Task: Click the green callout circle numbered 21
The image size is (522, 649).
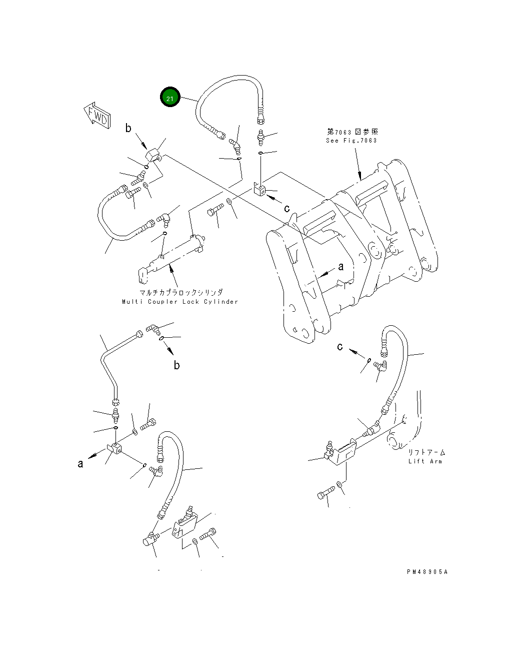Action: (x=170, y=97)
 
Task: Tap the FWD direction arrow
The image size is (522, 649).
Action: (x=97, y=115)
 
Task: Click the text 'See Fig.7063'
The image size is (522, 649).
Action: (x=351, y=141)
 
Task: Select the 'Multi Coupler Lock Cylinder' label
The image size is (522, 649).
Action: (x=180, y=302)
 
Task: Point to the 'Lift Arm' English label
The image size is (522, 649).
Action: (x=425, y=461)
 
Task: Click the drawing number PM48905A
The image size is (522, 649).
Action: (x=427, y=572)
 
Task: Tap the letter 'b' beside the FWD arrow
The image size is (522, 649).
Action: (x=128, y=128)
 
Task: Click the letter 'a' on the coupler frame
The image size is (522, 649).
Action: (x=341, y=267)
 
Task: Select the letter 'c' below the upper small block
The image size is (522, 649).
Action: (x=287, y=208)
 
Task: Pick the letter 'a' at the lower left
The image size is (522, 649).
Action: (x=80, y=463)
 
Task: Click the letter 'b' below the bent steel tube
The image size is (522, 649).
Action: (x=177, y=365)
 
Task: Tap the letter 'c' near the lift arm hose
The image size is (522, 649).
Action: (x=340, y=347)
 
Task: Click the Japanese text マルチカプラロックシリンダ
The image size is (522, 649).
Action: (x=181, y=292)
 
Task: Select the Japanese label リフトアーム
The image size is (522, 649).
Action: (x=426, y=452)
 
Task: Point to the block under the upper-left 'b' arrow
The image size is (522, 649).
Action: (x=153, y=155)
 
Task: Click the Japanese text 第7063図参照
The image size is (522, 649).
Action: (x=352, y=132)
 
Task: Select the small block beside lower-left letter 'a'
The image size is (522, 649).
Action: (x=115, y=448)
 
